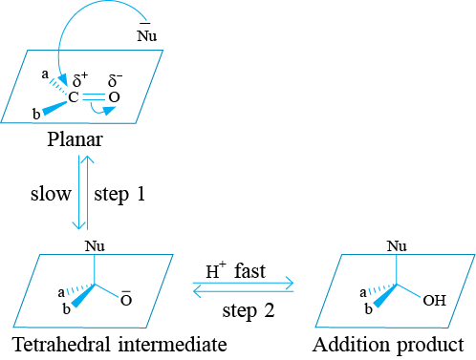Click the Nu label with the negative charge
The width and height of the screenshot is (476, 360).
(147, 32)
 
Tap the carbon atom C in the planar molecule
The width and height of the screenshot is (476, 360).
(74, 97)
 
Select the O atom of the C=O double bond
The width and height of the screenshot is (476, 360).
(114, 97)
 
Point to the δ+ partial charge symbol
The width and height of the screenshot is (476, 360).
(80, 79)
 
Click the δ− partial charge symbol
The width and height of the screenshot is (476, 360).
(115, 80)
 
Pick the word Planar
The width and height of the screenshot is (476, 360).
(76, 139)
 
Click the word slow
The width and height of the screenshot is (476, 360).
(51, 193)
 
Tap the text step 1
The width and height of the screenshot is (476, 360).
(119, 194)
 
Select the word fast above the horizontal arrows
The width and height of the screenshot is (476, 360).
(249, 271)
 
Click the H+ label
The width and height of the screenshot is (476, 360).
(216, 270)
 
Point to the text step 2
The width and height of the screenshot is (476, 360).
(249, 310)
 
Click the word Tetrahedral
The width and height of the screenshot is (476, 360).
(61, 344)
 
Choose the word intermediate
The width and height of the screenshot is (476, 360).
(173, 344)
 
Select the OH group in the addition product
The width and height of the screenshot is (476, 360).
(434, 301)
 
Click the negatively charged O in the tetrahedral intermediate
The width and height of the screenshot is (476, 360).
(126, 298)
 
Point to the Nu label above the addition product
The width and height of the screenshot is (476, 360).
(397, 246)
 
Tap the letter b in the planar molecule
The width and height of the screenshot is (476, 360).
(36, 114)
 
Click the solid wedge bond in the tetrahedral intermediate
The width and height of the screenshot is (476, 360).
(82, 296)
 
